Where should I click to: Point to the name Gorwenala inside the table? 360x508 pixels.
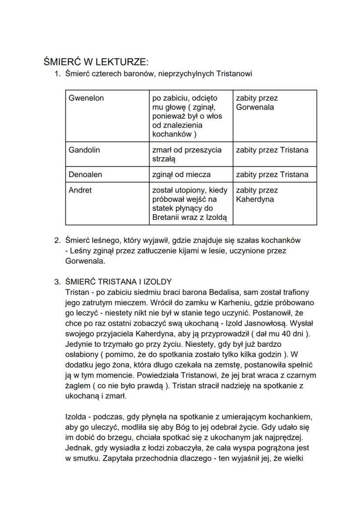[255, 107]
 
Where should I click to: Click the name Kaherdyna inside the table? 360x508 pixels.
[254, 199]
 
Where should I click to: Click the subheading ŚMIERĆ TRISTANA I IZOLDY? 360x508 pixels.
[118, 282]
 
